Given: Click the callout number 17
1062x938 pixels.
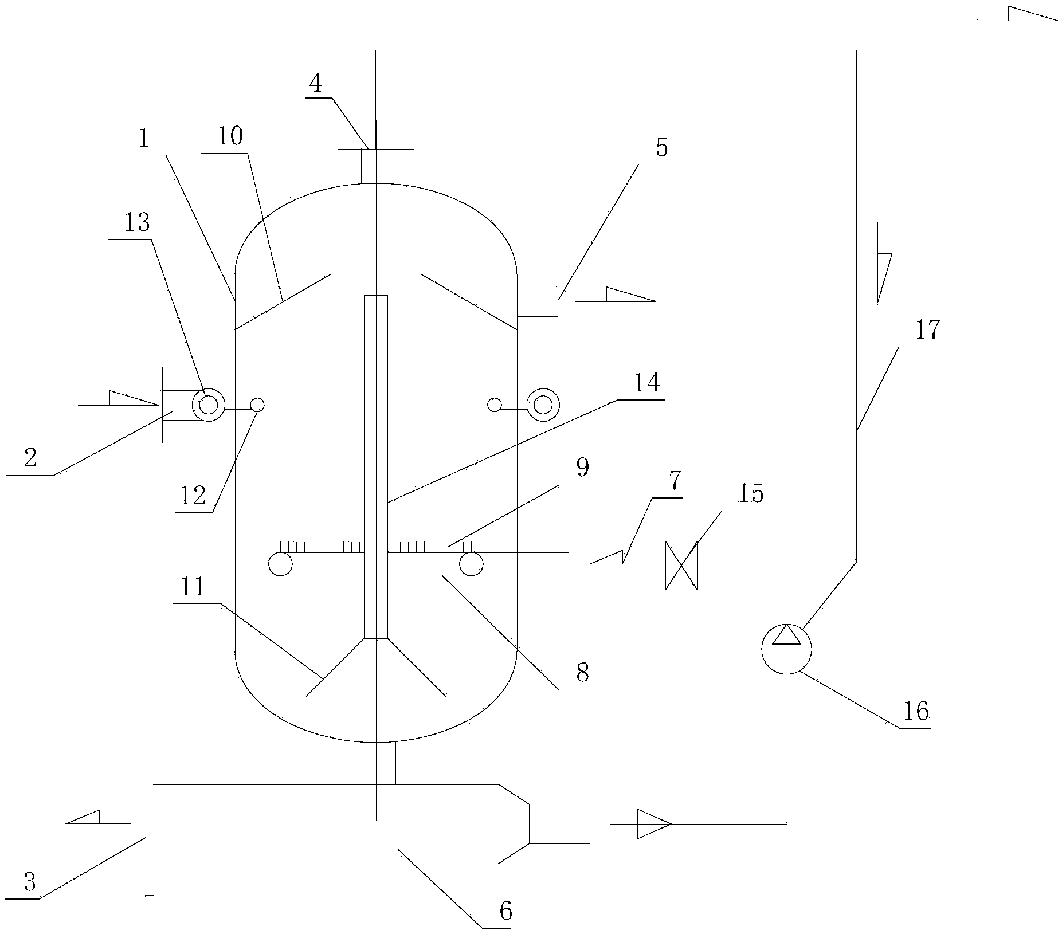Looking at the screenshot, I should click(x=927, y=331).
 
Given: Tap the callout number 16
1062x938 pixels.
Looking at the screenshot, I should click(x=915, y=712).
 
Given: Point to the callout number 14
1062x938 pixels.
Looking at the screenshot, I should click(x=647, y=383).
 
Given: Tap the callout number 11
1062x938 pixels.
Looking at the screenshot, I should click(x=193, y=587).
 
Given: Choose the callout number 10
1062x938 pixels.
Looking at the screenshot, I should click(x=230, y=136).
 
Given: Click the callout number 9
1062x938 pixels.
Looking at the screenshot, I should click(x=582, y=468).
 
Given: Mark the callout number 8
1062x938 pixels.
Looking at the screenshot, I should click(x=582, y=673).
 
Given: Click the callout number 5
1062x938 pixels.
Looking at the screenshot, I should click(x=662, y=148).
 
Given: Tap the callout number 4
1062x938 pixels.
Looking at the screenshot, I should click(x=315, y=84).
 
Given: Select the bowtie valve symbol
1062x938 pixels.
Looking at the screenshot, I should click(x=681, y=564).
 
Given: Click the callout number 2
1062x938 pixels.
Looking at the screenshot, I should click(x=30, y=458).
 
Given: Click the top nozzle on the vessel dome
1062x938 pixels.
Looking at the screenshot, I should click(x=376, y=166).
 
